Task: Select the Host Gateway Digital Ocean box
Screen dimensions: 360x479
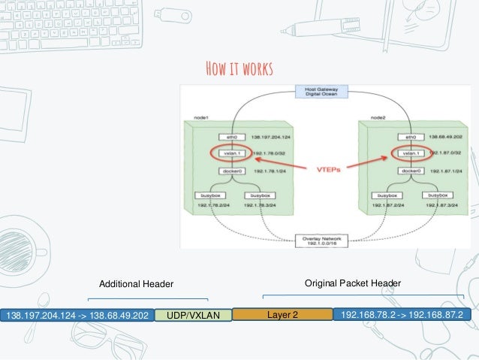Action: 322,93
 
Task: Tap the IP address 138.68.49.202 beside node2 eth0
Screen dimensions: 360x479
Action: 444,138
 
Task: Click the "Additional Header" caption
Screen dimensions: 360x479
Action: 137,283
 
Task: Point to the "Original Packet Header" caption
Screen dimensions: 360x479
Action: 352,283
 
